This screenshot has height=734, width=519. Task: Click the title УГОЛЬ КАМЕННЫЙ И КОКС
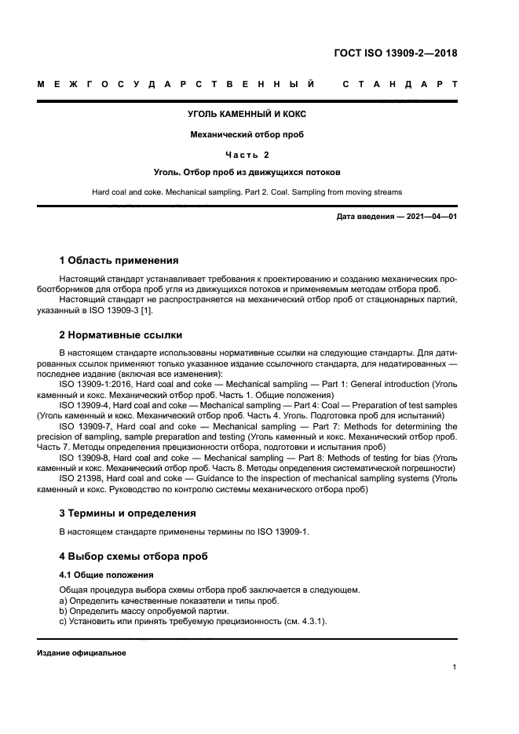247,114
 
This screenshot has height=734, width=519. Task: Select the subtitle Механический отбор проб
247,134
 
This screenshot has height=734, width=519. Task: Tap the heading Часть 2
247,155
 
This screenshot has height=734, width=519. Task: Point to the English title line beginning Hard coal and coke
247,192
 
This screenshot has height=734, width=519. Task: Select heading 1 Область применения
119,260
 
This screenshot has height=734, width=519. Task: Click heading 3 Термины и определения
127,513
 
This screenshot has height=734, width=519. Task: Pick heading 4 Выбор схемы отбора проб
133,556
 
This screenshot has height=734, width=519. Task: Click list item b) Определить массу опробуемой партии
144,610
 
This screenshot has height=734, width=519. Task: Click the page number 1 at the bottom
455,667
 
